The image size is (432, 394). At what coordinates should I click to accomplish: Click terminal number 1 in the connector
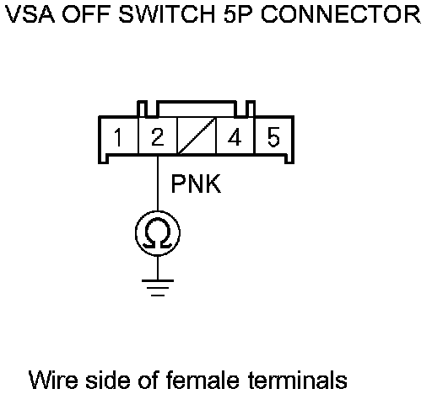[119, 136]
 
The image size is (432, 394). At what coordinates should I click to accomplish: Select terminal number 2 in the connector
[158, 136]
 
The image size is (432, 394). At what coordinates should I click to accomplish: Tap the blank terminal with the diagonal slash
[197, 136]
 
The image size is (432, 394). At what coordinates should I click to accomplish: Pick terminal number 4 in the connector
[235, 136]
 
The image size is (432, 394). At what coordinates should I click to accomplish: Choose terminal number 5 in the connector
[273, 136]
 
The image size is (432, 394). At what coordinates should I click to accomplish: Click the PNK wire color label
[196, 184]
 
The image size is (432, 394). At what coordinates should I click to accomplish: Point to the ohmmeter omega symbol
[158, 233]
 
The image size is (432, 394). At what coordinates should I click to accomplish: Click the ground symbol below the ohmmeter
[158, 288]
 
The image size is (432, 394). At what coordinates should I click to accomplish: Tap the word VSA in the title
[30, 14]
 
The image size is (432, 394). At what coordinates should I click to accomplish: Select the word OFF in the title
[86, 14]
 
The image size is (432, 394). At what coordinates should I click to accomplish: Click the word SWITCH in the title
[167, 14]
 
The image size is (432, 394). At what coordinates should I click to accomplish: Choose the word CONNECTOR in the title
[341, 14]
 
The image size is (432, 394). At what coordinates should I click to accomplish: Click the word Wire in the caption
[53, 380]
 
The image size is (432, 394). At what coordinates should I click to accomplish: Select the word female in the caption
[202, 380]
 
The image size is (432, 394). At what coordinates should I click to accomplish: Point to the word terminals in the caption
[298, 380]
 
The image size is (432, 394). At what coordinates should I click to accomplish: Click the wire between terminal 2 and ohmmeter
[158, 183]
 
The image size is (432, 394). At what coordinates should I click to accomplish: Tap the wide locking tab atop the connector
[197, 108]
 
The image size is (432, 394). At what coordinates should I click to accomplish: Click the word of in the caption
[148, 380]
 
